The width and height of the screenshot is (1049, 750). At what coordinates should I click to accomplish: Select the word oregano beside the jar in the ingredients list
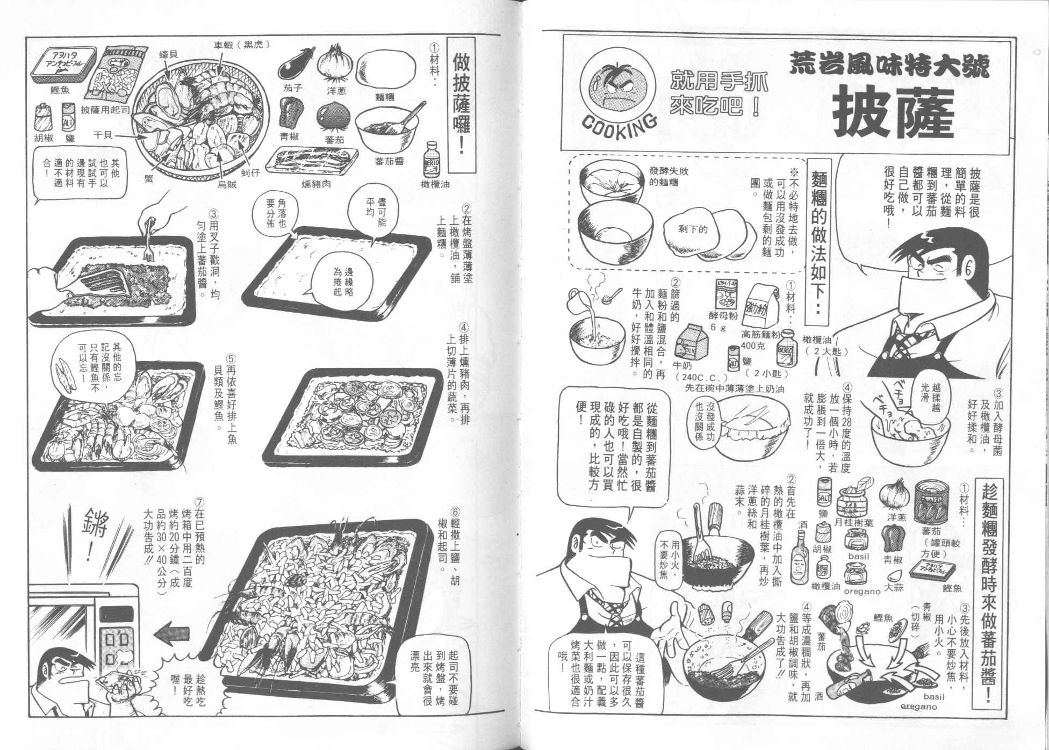(859, 592)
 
